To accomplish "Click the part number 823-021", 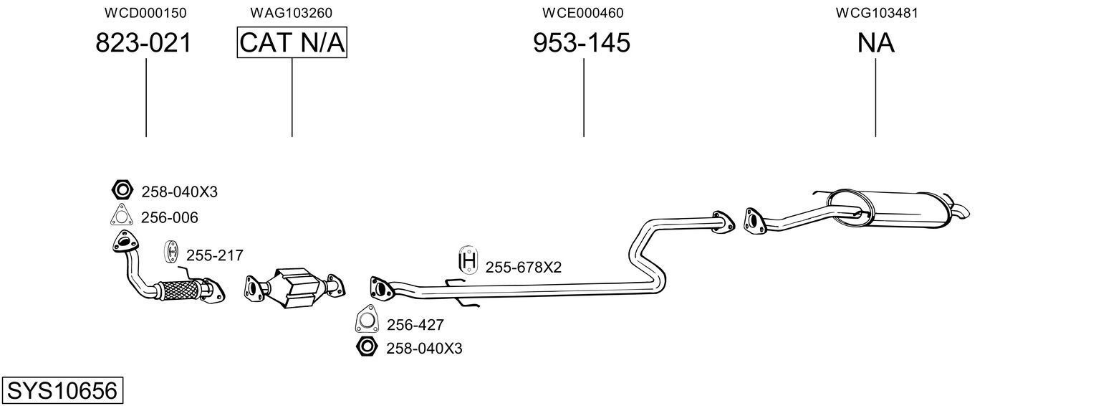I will coord(144,43).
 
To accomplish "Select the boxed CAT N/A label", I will coord(292,43).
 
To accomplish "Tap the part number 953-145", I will coord(582,43).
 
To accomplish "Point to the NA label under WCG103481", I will coord(875,43).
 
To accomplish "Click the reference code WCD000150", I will coord(145,13).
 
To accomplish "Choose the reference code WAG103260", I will coord(291,13).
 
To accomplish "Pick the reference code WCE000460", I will coord(582,13).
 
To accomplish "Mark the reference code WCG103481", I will coord(877,13).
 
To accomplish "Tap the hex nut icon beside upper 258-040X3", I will coord(122,191).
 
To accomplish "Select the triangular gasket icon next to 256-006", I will coord(122,216).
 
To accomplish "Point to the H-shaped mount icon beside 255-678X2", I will coord(468,261).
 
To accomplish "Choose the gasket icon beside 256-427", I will coord(366,319).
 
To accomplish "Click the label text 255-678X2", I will coord(523,268).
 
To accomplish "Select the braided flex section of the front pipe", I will coord(178,290).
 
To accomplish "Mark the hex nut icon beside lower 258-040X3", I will coord(366,347).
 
